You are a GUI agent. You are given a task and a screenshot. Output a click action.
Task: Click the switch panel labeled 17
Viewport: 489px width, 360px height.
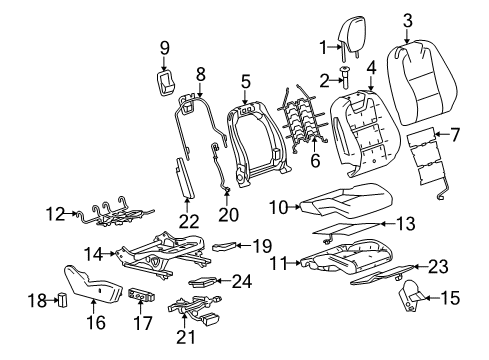tap(142, 296)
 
